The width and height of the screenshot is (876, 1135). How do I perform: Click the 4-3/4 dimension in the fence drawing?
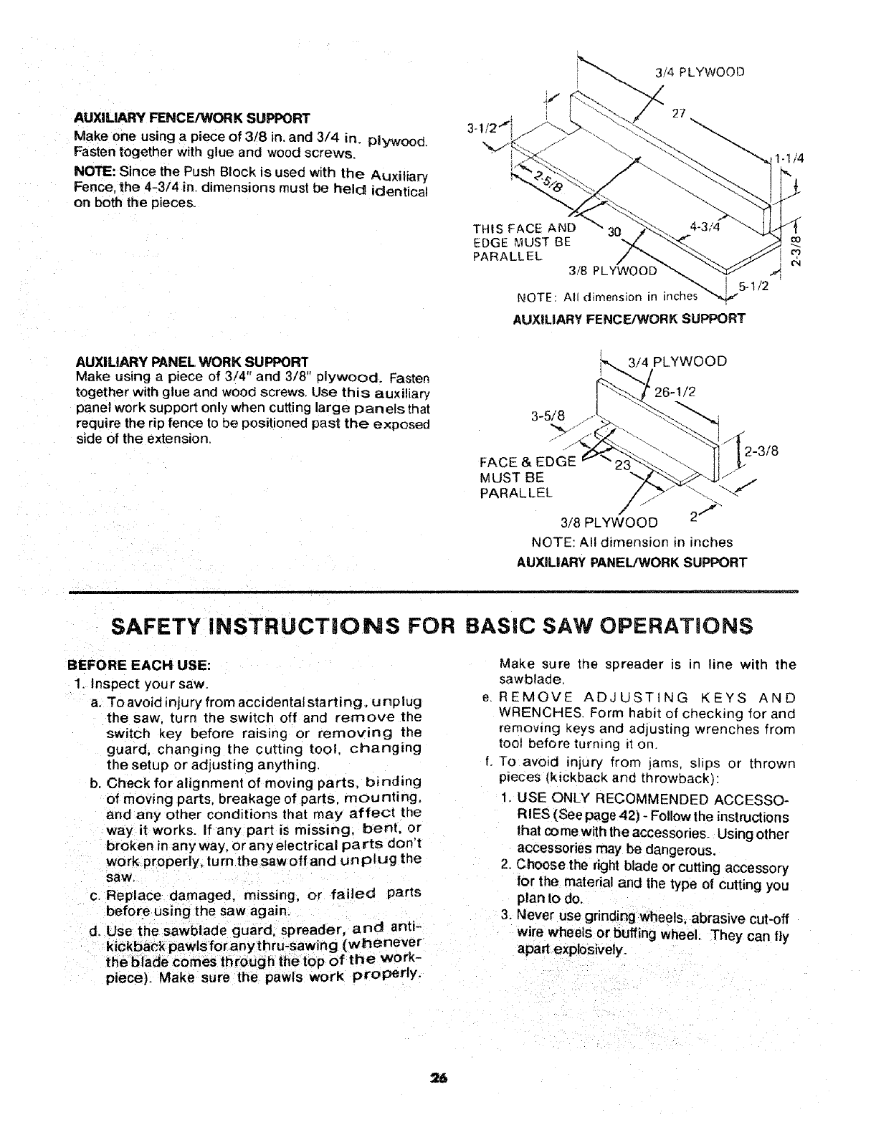click(703, 226)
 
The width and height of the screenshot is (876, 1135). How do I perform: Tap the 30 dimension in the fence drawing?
click(614, 232)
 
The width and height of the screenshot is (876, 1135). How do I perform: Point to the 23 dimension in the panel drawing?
click(623, 464)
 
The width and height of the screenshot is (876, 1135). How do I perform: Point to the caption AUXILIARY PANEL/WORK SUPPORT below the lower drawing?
click(632, 562)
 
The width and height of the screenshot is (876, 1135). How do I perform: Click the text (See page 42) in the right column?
click(586, 818)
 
